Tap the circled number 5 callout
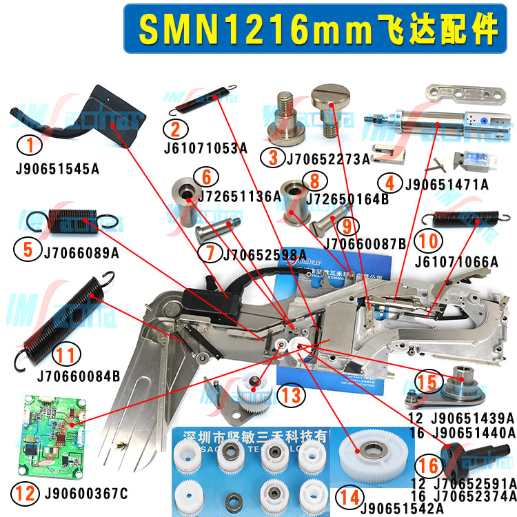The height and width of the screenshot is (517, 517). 28,249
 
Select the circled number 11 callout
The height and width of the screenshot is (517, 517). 65,356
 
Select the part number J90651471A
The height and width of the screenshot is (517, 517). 446,184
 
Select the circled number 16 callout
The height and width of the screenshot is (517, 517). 428,465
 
